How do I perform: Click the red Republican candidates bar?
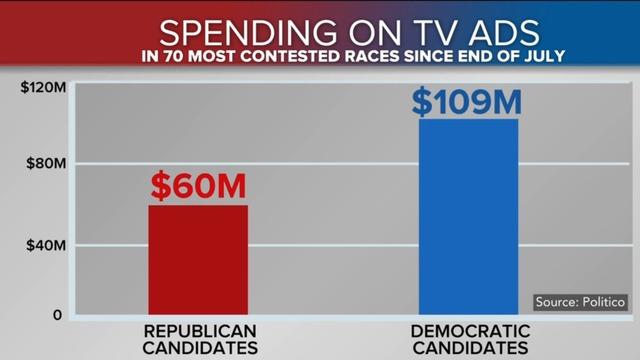click(x=197, y=260)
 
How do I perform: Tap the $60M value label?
click(x=198, y=186)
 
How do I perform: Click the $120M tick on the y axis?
click(x=42, y=87)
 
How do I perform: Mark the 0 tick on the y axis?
click(x=57, y=315)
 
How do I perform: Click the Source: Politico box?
click(x=580, y=301)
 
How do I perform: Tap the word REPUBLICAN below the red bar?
click(x=198, y=331)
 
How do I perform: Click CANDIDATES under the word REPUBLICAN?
click(x=198, y=349)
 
